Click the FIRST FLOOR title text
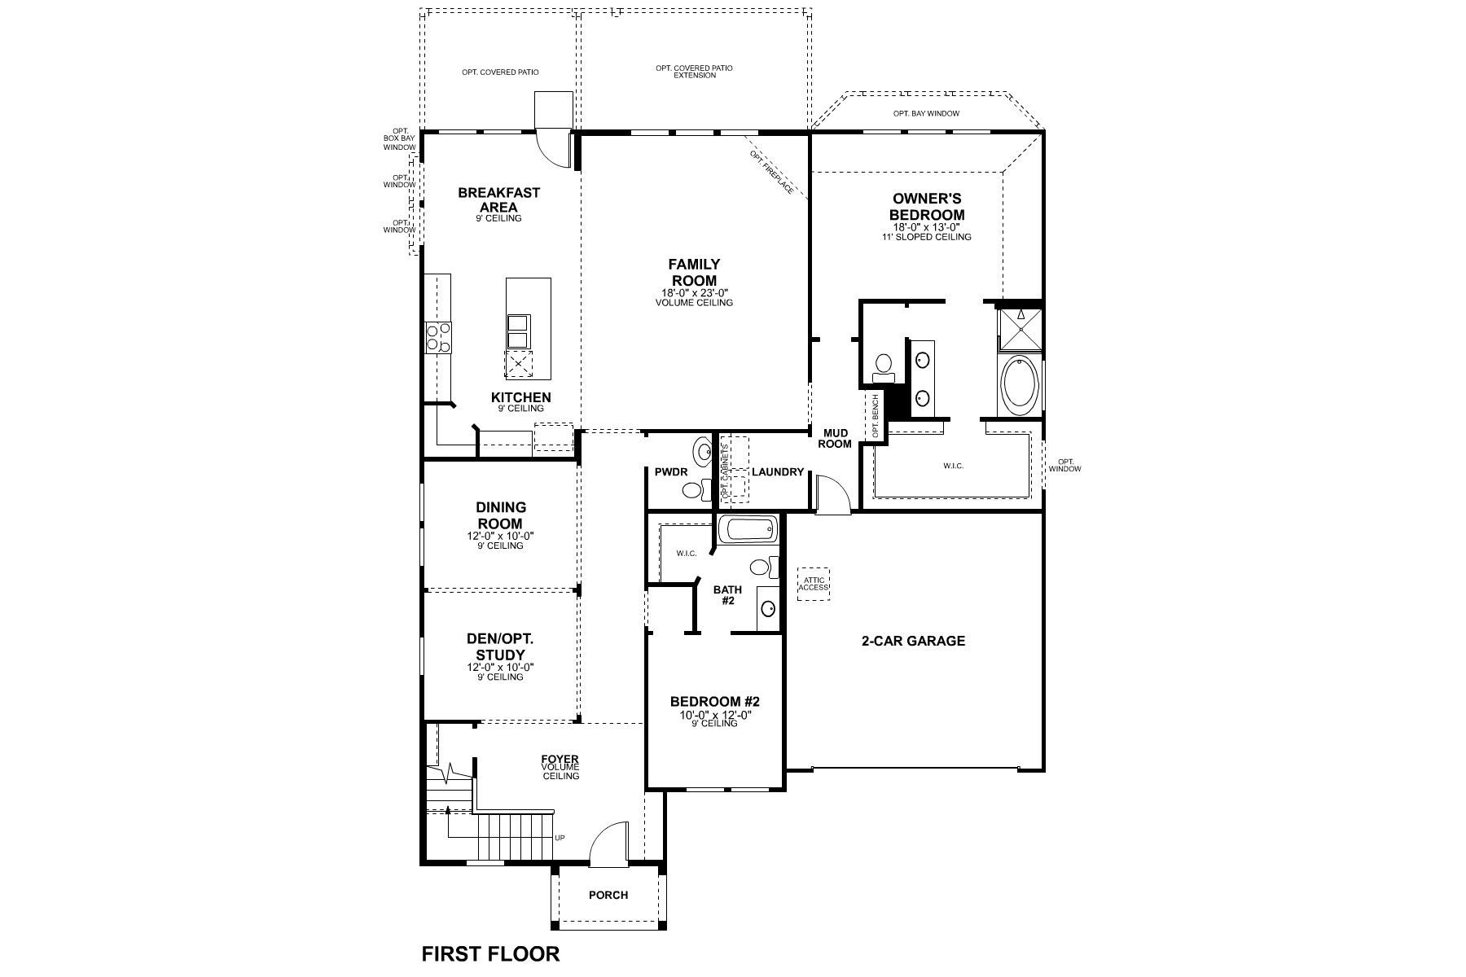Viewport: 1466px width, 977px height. [490, 953]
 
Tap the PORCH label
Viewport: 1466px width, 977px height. [608, 895]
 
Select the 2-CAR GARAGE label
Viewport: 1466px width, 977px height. [913, 641]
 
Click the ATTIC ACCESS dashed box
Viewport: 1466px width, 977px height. [813, 584]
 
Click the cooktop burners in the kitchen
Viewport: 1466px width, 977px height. [438, 337]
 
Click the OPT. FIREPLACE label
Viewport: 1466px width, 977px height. [771, 173]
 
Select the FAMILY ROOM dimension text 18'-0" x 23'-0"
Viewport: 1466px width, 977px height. [694, 293]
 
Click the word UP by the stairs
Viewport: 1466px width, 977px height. [560, 838]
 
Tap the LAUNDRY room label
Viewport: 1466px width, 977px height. [778, 472]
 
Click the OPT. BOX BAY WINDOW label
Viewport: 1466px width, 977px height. [399, 139]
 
